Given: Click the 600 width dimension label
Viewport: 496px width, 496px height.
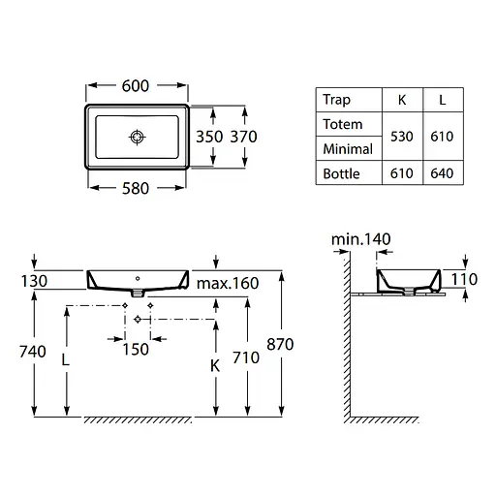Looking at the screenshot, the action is (x=136, y=86).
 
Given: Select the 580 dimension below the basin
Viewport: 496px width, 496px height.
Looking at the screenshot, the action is (x=136, y=189).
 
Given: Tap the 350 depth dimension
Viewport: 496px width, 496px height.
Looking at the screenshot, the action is (x=209, y=137).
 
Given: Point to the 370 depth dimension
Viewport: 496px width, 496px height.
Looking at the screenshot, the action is (x=243, y=137).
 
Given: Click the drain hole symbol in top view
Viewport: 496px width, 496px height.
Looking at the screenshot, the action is (x=138, y=138).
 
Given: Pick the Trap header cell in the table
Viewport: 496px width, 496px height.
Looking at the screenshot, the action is (x=336, y=100).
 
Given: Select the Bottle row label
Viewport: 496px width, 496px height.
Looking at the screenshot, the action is (x=341, y=173).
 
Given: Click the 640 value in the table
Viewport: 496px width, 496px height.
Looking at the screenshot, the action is (x=442, y=173).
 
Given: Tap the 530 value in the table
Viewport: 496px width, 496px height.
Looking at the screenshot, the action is (x=402, y=137).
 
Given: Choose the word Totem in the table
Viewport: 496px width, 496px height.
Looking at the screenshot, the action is (x=343, y=124).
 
